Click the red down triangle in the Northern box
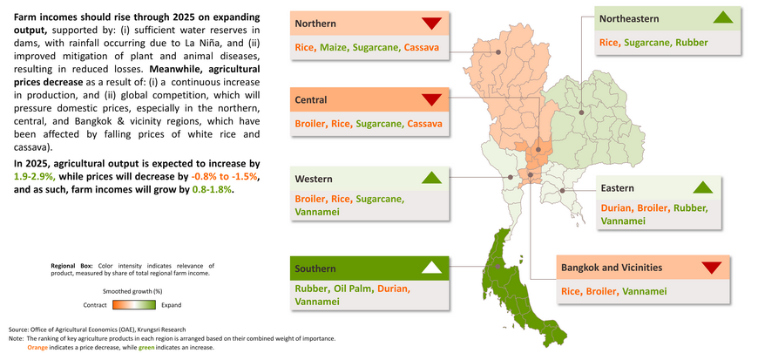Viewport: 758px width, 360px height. [x=431, y=24]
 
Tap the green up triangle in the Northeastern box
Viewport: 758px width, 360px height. [x=723, y=17]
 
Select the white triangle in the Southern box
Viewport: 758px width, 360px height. [x=431, y=268]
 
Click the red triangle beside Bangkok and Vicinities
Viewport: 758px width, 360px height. [x=711, y=268]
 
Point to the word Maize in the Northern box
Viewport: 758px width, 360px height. [x=333, y=47]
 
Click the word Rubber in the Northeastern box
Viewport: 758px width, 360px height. [x=694, y=43]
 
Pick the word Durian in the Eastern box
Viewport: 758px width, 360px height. [x=616, y=208]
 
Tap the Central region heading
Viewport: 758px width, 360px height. [x=311, y=100]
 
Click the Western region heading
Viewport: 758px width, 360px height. [x=314, y=179]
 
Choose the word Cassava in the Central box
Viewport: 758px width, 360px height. [x=424, y=124]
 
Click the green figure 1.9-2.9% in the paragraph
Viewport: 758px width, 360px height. [x=36, y=176]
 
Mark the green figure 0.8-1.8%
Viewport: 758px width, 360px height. [x=213, y=190]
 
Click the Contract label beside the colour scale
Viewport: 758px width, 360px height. [x=95, y=305]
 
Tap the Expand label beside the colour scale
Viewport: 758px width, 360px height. [x=171, y=305]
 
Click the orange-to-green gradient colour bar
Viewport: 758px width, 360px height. [x=134, y=305]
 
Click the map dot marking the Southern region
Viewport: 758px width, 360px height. [x=497, y=266]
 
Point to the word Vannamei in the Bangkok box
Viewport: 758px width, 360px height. [x=645, y=291]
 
